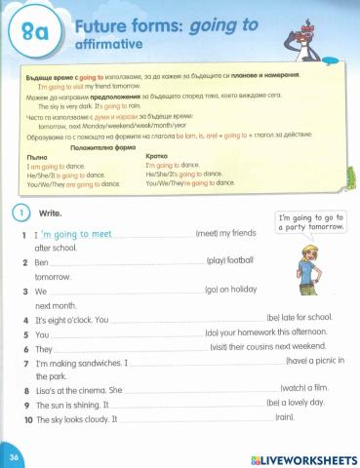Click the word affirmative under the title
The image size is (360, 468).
109,45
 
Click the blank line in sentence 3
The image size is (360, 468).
127,291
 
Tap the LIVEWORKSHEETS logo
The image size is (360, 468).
304,457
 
